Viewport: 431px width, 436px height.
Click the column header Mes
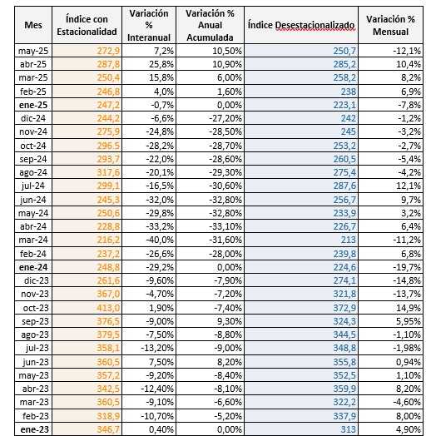(33, 25)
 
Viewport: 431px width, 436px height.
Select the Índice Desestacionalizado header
(301, 25)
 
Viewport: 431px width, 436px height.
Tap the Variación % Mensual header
(390, 25)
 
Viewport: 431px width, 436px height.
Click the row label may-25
(33, 51)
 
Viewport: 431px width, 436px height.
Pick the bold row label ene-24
(33, 267)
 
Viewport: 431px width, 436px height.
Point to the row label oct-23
(36, 308)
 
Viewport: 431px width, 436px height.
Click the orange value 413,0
(108, 308)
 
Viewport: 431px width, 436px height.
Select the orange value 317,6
(108, 172)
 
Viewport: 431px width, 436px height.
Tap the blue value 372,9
(344, 308)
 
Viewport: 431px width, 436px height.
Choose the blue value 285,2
(344, 64)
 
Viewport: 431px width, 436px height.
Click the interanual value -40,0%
(160, 240)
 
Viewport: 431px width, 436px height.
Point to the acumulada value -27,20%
(225, 118)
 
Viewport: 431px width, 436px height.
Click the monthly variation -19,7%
(407, 267)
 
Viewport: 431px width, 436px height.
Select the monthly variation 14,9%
(409, 308)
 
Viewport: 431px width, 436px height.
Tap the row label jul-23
(37, 348)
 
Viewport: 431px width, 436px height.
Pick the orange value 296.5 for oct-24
(108, 146)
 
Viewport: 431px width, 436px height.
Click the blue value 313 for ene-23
(348, 429)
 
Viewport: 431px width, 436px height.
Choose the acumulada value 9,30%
(230, 321)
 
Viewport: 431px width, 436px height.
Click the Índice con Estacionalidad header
(87, 25)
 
